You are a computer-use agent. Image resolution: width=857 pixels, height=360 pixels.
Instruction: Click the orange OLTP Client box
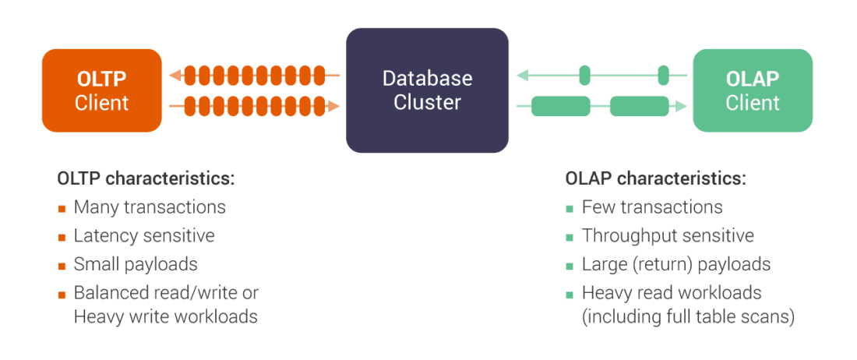[102, 90]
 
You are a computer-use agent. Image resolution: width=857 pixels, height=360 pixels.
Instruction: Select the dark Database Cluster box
[427, 90]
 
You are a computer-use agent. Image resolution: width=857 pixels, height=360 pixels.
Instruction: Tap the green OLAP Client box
[753, 90]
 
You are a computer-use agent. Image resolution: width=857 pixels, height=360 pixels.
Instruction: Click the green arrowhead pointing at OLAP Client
[682, 105]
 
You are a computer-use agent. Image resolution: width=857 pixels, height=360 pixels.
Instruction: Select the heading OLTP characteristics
[146, 178]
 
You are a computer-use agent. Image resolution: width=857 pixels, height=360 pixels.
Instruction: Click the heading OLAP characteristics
[655, 178]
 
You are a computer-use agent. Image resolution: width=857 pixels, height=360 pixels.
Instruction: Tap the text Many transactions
[150, 207]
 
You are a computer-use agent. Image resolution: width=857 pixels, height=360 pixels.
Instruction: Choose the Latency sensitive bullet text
[144, 235]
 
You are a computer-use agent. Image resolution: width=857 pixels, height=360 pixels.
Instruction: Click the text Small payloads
[136, 264]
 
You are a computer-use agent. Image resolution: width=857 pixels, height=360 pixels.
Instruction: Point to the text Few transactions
[652, 207]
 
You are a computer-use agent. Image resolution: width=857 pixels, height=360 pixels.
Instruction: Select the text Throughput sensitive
[668, 235]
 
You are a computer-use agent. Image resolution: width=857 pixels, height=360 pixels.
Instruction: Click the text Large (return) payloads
[675, 264]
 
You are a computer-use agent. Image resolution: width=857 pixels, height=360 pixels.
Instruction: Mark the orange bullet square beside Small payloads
[62, 266]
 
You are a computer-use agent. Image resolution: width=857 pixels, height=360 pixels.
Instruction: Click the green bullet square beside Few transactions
[570, 209]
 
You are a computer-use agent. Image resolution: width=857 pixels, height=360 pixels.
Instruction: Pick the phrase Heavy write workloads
[165, 317]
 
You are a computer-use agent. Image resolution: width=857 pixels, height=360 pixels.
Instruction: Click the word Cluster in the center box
[427, 102]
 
